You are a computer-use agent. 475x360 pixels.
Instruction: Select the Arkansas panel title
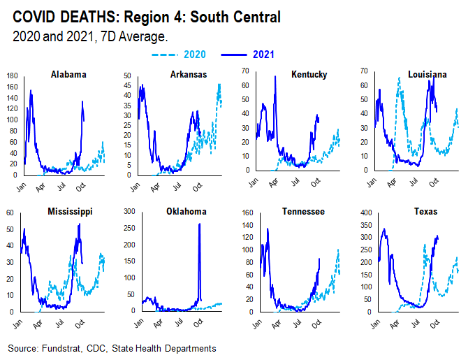click(188, 75)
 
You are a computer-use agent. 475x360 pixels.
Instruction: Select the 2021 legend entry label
click(263, 54)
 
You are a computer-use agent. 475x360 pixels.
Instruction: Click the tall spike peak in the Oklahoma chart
click(200, 224)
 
